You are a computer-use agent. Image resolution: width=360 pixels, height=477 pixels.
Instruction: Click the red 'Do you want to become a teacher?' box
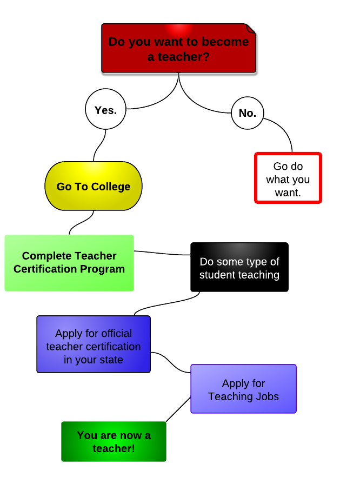(178, 48)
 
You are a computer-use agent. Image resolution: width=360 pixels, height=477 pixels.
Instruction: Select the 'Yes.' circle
(105, 110)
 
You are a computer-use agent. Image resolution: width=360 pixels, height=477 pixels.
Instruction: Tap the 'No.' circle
(247, 113)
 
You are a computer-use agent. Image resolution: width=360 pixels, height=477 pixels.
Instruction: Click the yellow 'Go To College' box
(94, 186)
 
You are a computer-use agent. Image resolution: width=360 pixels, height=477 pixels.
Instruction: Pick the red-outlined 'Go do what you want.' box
(288, 178)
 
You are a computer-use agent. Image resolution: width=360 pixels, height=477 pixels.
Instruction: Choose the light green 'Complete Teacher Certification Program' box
(69, 263)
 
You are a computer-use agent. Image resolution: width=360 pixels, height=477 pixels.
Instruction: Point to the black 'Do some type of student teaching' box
(239, 267)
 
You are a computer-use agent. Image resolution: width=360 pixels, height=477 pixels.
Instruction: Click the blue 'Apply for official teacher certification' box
(94, 345)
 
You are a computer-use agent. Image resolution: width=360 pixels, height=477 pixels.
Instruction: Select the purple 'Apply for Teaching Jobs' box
(243, 389)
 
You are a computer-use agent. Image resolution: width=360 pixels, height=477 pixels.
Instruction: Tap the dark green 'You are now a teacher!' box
(114, 441)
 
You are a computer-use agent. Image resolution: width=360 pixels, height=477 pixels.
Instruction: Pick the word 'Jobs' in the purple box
(268, 396)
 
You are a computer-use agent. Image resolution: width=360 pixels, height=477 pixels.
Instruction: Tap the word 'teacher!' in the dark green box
(114, 448)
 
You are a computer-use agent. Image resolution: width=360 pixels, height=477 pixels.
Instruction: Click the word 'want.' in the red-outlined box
(288, 192)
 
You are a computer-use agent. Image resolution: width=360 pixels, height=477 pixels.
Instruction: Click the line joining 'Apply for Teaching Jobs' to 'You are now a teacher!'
(178, 409)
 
